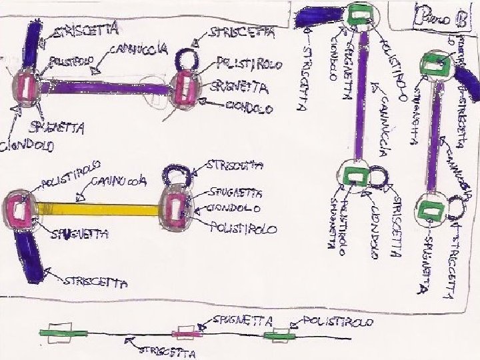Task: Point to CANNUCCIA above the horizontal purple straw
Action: coord(139,51)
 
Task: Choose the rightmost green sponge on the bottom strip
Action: coord(279,335)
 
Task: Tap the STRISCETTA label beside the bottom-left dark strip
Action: coord(93,282)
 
